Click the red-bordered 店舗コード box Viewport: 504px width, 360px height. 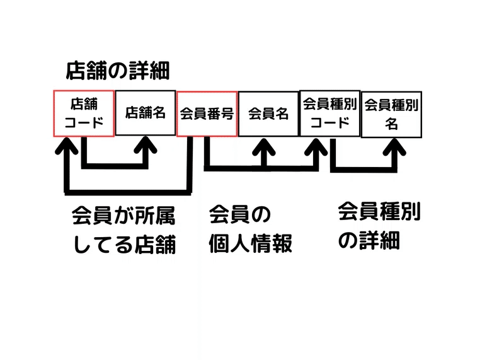point(84,113)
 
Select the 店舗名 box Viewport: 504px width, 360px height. point(146,113)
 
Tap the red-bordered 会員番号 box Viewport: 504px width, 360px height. point(207,113)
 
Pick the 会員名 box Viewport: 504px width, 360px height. point(268,113)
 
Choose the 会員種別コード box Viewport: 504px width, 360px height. point(329,112)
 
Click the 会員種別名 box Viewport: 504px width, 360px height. point(391,113)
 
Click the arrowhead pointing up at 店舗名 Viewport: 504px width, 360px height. point(146,146)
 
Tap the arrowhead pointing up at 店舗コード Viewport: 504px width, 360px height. point(67,148)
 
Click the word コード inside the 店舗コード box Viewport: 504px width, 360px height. point(84,122)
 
